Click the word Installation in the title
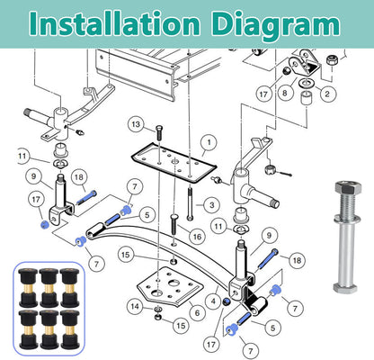[114, 23]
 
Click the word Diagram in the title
[277, 25]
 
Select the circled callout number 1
[209, 142]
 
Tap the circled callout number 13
[136, 124]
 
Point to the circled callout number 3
[212, 205]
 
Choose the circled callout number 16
[197, 237]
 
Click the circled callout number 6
[197, 313]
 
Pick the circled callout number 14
[135, 306]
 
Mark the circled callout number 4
[213, 301]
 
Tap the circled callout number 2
[327, 94]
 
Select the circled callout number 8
[284, 93]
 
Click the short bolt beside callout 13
[159, 132]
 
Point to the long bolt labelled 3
[190, 203]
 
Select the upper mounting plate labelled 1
[174, 163]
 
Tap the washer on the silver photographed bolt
[347, 217]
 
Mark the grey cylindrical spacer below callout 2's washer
[307, 98]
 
